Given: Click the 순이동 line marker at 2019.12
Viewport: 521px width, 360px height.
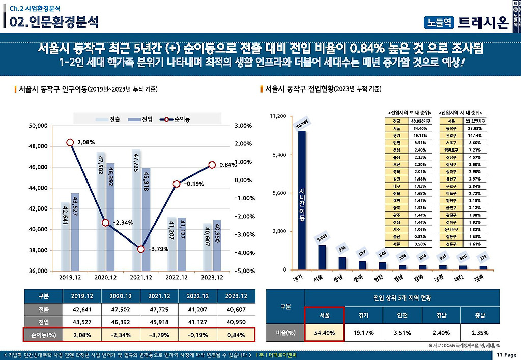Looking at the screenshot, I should point(70,142).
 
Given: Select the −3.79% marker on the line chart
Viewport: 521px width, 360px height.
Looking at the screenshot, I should point(141,249).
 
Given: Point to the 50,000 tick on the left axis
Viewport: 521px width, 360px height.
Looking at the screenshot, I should point(37,126).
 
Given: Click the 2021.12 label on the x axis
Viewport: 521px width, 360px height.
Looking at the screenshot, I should point(141,278).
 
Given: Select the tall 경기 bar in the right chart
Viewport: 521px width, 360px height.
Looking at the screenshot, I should point(302,200).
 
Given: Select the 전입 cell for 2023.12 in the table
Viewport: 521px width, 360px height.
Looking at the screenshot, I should point(236,322).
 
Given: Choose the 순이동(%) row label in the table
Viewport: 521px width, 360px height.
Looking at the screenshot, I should point(43,335).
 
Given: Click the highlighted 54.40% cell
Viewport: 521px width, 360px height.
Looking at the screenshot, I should point(324,333).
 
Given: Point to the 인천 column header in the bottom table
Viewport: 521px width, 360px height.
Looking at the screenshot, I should point(404,315).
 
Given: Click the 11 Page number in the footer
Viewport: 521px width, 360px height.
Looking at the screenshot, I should point(507,354).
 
